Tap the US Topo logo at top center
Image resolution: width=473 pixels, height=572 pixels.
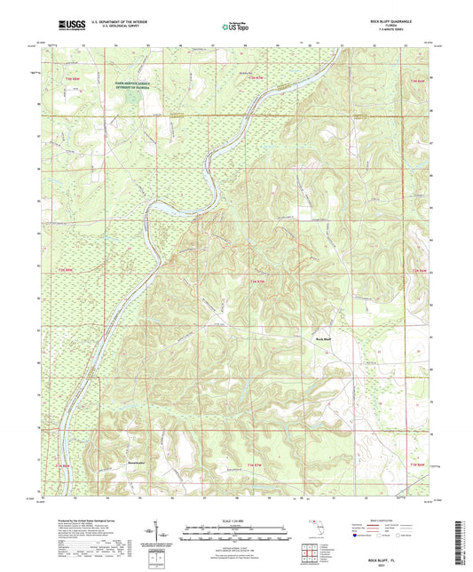click(235, 28)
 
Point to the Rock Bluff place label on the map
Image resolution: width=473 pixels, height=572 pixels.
click(322, 338)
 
